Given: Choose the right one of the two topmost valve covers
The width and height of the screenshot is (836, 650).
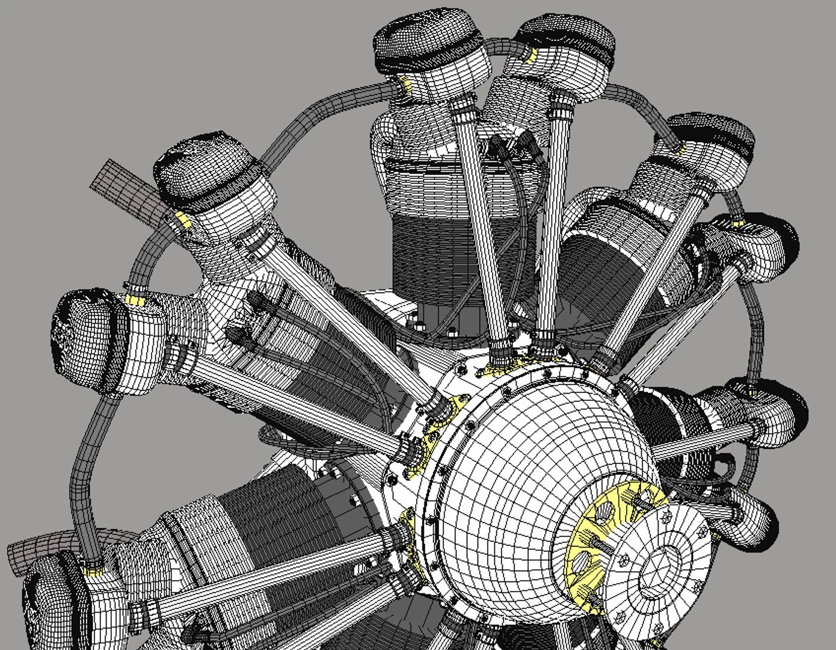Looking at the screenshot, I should [565, 42].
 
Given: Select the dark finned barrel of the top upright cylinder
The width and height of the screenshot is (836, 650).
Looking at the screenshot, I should [433, 253].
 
